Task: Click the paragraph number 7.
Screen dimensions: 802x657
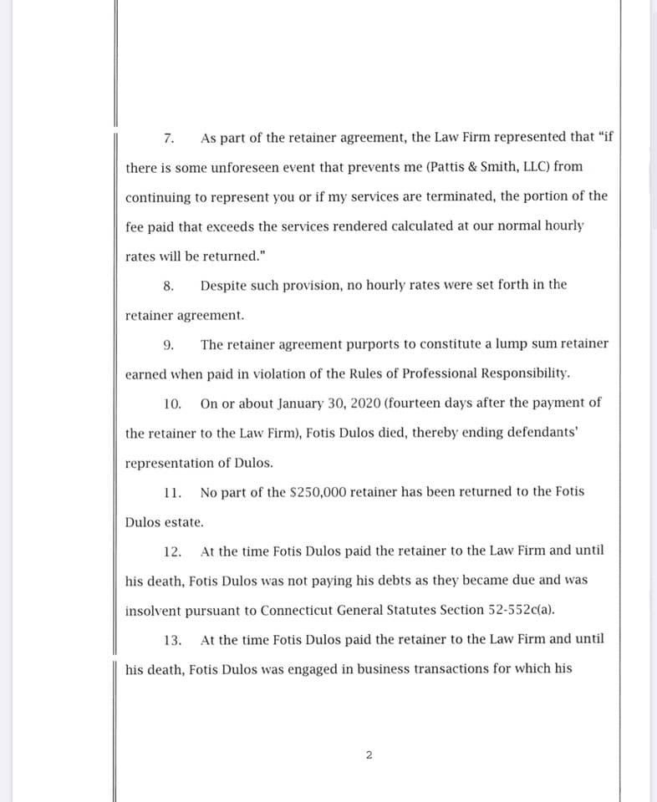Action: pos(168,137)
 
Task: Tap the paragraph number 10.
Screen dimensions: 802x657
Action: pos(173,404)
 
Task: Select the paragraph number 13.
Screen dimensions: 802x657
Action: pos(173,640)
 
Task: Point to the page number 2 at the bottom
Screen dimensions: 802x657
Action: pos(369,756)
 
